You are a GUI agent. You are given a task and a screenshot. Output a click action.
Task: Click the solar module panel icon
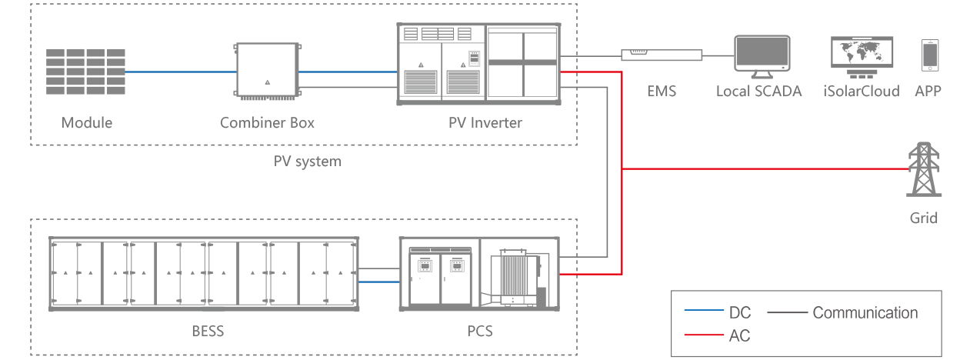click(x=85, y=72)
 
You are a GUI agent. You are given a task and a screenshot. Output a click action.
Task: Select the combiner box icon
click(x=268, y=71)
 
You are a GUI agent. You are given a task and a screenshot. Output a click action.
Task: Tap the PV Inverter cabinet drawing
click(x=478, y=64)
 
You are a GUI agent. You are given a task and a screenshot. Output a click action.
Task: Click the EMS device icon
click(x=662, y=55)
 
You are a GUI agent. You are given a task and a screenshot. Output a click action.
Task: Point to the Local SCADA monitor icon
click(x=762, y=56)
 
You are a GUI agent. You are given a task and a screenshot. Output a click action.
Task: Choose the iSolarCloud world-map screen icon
click(x=862, y=57)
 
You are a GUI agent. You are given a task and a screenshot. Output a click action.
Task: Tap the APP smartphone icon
click(x=930, y=55)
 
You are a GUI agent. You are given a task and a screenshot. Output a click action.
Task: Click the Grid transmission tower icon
click(x=924, y=169)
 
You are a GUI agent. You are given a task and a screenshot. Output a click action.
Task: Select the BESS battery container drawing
click(x=204, y=274)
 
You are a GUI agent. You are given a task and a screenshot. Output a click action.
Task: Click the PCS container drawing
click(x=479, y=274)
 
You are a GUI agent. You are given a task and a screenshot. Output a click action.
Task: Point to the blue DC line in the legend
click(x=704, y=310)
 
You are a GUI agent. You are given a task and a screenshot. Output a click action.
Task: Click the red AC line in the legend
click(x=704, y=335)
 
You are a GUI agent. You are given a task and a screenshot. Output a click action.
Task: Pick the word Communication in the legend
click(x=865, y=313)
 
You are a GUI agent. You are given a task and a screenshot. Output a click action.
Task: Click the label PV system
click(x=307, y=162)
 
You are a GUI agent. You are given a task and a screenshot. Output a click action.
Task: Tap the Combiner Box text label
click(x=267, y=122)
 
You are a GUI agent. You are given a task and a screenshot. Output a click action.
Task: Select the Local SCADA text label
click(x=758, y=91)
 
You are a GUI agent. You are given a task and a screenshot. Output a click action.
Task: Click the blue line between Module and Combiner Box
click(x=181, y=72)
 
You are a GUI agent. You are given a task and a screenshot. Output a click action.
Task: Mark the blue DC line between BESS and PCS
click(x=379, y=282)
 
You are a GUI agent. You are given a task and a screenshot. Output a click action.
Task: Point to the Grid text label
click(x=924, y=218)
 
